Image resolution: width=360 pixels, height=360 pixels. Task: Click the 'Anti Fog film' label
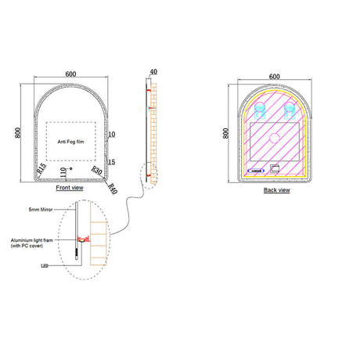click(71, 142)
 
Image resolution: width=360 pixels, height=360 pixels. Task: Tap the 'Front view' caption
click(71, 189)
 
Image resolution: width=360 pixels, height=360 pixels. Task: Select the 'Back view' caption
click(275, 190)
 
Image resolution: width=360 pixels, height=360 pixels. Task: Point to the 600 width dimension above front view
click(71, 74)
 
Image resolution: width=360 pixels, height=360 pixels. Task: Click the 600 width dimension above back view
click(274, 76)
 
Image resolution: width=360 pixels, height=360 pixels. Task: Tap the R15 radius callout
click(43, 168)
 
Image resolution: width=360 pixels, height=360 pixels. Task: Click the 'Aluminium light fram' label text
click(34, 243)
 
